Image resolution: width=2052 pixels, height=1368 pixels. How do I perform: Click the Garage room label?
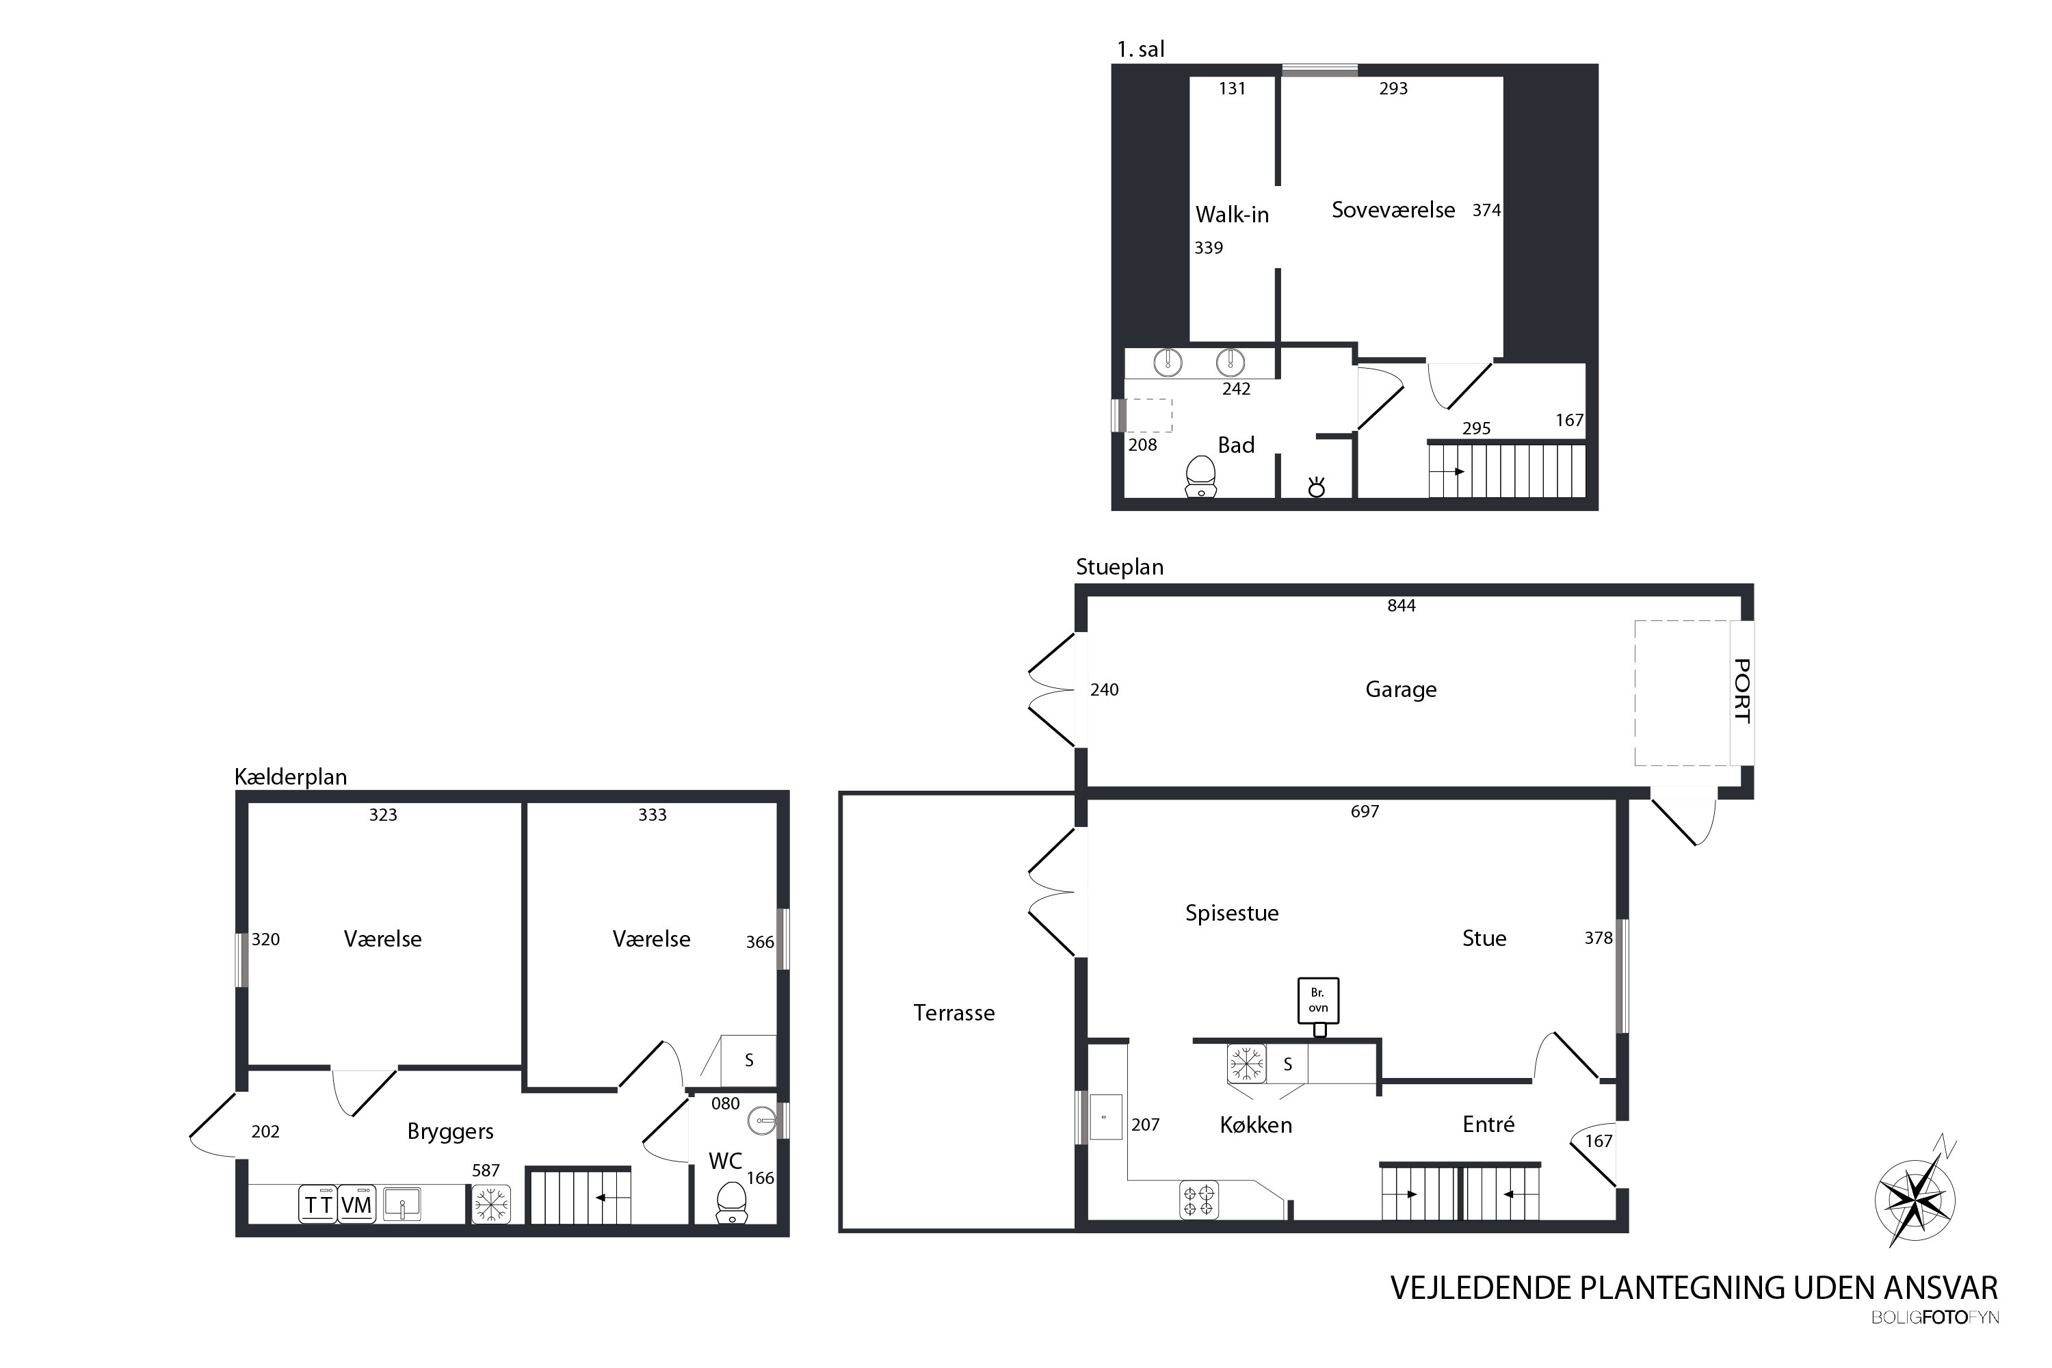tap(1400, 690)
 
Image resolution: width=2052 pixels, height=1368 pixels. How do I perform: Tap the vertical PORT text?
tap(1741, 691)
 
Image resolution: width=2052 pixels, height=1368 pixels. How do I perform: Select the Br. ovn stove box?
tap(1318, 1001)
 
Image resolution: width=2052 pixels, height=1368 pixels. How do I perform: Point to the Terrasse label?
tap(953, 1013)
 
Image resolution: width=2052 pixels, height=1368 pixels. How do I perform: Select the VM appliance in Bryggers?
tap(356, 1204)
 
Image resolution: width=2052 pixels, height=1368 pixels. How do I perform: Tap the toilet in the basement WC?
tap(731, 1202)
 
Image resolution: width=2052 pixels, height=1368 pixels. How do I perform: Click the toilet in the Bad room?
tap(1201, 476)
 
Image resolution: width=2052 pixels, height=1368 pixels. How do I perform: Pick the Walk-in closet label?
tap(1232, 215)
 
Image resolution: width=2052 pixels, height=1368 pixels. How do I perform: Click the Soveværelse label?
tap(1393, 210)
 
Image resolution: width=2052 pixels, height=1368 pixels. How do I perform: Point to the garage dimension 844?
tap(1401, 605)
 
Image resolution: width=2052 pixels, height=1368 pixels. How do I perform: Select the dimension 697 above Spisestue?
tap(1365, 811)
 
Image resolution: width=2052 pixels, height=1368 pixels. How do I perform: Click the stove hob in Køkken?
tap(1199, 1199)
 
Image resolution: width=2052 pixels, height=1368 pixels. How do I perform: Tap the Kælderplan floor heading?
tap(291, 776)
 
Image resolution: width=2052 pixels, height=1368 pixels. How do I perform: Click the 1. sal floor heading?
tap(1140, 50)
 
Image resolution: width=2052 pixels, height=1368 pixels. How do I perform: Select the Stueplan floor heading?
tap(1119, 567)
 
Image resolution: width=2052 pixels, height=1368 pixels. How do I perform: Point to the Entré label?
tap(1488, 1124)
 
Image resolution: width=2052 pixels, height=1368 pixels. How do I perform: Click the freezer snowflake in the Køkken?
tap(1246, 1064)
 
